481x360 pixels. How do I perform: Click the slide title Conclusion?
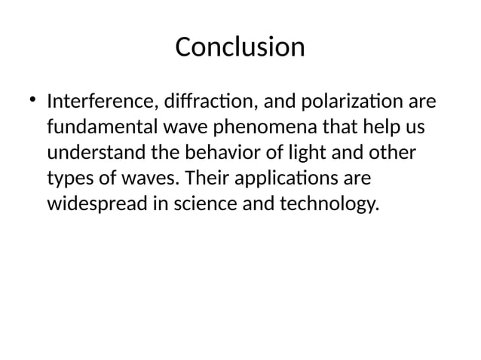[x=240, y=47]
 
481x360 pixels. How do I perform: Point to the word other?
[x=390, y=153]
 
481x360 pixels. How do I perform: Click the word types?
[x=70, y=179]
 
